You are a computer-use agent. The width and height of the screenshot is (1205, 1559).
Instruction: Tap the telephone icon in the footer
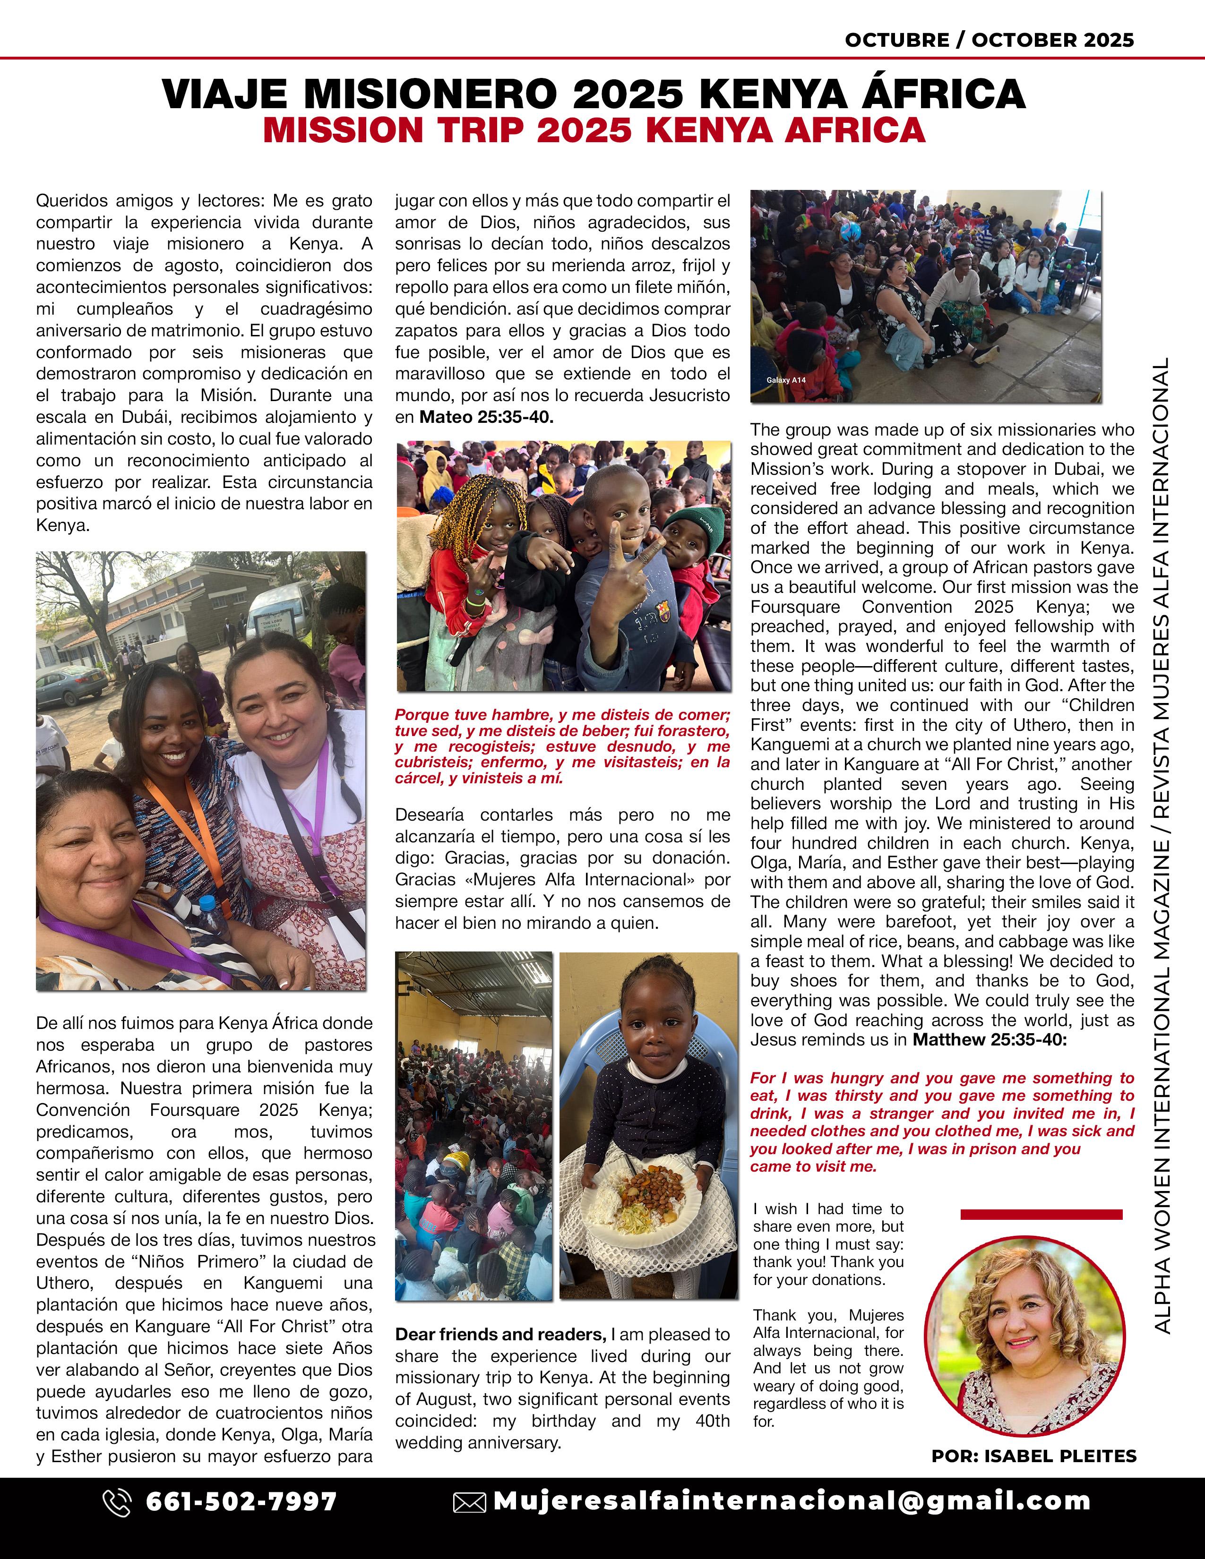(117, 1502)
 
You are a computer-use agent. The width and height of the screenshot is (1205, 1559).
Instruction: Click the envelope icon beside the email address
(469, 1503)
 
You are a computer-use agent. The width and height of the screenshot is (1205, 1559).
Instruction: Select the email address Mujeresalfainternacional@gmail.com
(792, 1501)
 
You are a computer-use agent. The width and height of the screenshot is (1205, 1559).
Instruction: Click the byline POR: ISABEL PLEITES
(1033, 1456)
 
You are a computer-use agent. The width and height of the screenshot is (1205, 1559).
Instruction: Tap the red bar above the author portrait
(1041, 1214)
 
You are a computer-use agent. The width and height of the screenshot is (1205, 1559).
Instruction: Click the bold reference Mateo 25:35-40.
(486, 417)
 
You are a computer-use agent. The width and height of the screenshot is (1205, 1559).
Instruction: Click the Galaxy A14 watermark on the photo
(786, 380)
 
